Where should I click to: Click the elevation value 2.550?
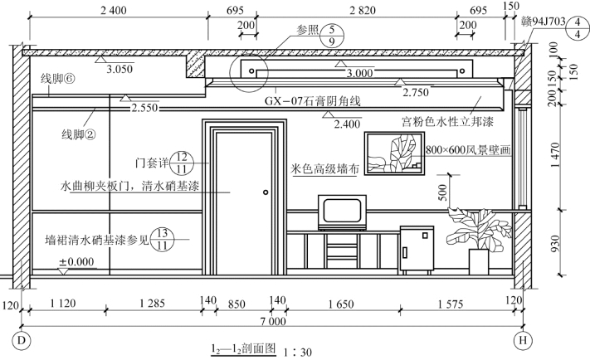click(144, 108)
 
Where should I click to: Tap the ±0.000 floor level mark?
click(76, 262)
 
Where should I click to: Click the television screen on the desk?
click(341, 211)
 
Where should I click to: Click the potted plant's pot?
click(479, 261)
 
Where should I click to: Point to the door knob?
click(265, 192)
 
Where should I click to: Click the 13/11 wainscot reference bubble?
click(163, 239)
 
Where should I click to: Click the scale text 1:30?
click(296, 352)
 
